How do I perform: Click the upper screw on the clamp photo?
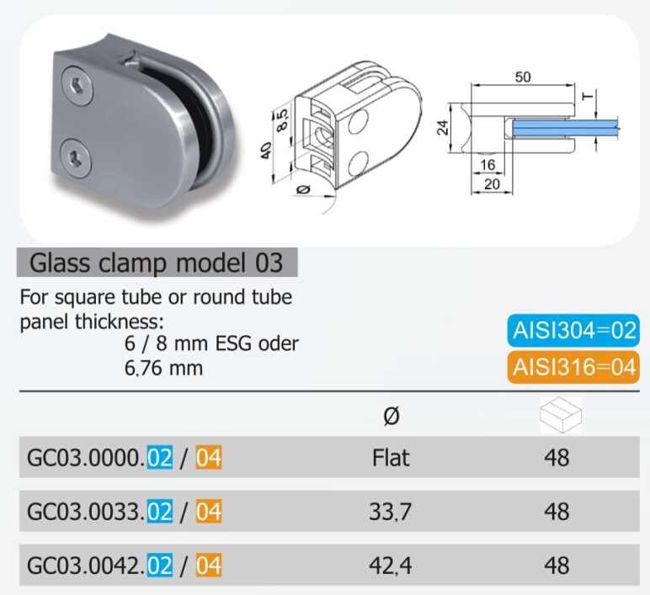pos(77,85)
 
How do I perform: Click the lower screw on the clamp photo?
pos(78,155)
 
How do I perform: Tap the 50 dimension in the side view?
pos(523,77)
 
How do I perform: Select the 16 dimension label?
pos(489,165)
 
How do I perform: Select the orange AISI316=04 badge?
pos(572,367)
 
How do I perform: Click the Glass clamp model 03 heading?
pos(157,263)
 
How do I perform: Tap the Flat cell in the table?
pos(391,458)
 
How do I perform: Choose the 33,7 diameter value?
pos(391,512)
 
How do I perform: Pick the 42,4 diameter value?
pos(391,566)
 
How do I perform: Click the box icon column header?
pos(559,414)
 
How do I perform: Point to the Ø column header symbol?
pos(391,415)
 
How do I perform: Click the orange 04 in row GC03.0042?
pos(209,566)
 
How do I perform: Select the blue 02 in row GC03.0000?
pos(159,459)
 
